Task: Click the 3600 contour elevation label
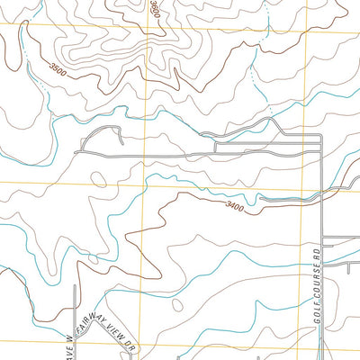(x=154, y=10)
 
